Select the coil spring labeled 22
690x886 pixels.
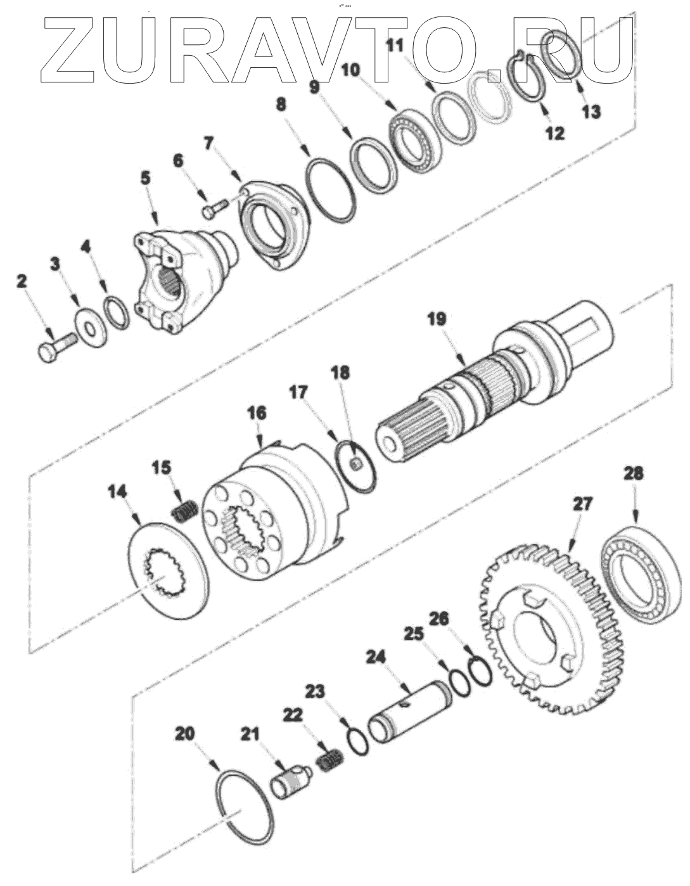click(330, 761)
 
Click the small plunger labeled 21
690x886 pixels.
click(288, 781)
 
